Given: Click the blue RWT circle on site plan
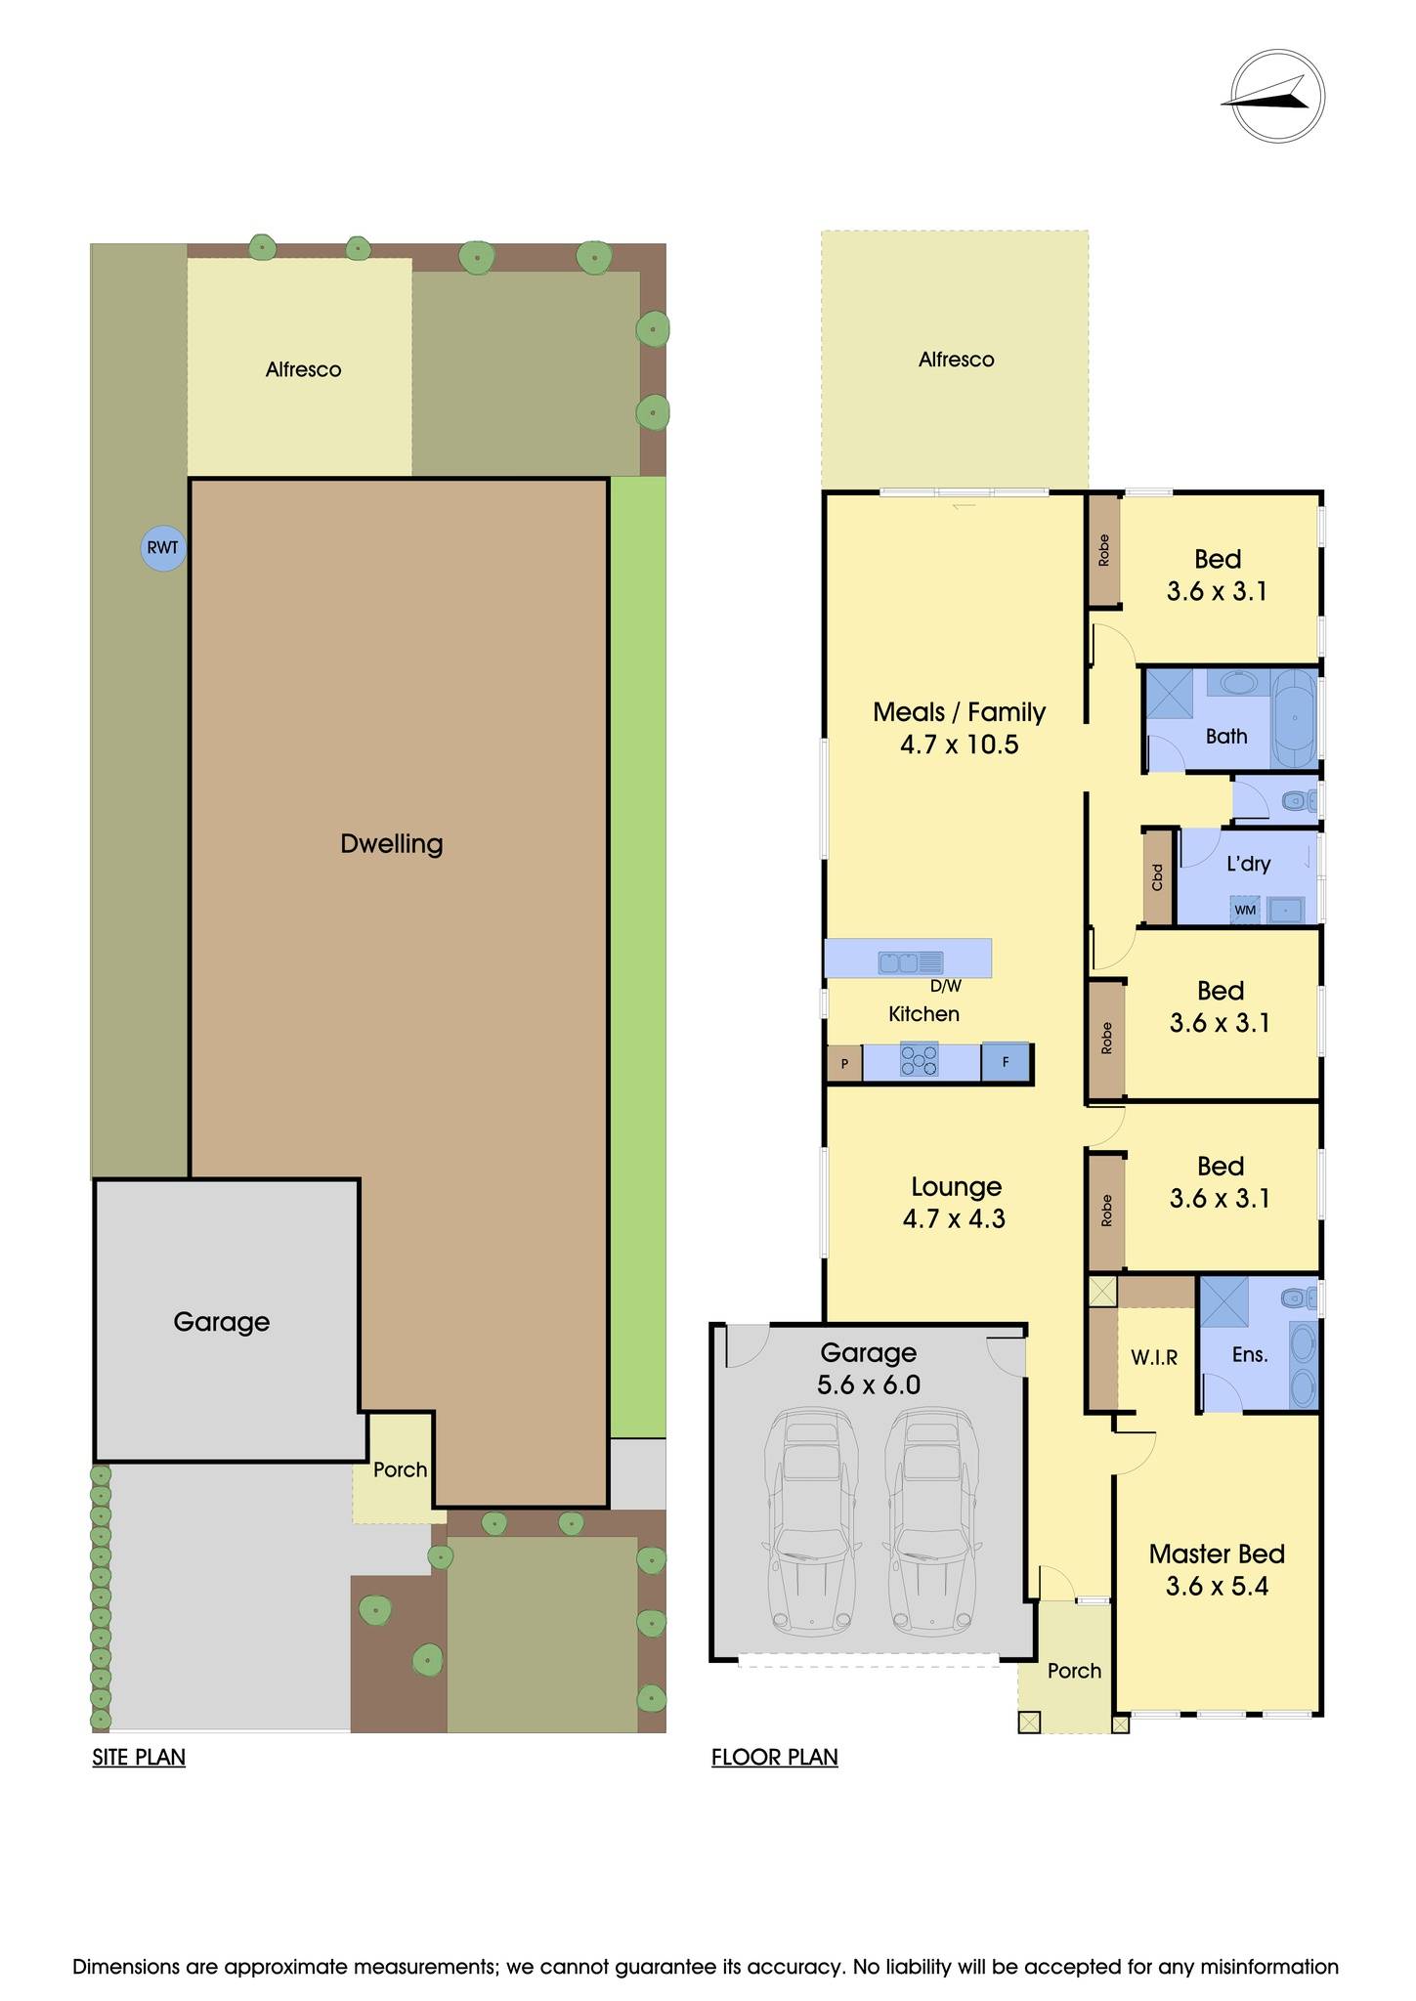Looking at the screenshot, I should [x=163, y=548].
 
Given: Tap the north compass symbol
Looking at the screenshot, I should [x=1276, y=97].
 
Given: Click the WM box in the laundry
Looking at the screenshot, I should [x=1245, y=910].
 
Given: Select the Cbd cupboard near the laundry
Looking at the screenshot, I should [x=1158, y=876].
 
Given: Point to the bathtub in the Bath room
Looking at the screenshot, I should [x=1295, y=718].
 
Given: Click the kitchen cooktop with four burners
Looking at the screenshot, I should [x=919, y=1061].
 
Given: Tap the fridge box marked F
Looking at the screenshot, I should [x=1006, y=1062].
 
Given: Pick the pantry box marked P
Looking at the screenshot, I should [x=844, y=1063].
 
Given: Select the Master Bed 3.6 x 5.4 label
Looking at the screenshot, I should [x=1217, y=1569].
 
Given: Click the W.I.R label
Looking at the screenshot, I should [x=1154, y=1357].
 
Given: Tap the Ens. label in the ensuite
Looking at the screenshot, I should [x=1250, y=1354].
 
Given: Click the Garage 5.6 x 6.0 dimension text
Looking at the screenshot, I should [x=868, y=1384].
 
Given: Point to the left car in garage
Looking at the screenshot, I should [x=809, y=1521].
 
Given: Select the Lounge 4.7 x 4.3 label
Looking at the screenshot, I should [x=956, y=1203].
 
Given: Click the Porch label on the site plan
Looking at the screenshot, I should [x=400, y=1469].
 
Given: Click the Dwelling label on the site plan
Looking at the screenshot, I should [x=391, y=844].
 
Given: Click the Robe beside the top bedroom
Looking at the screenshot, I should [x=1104, y=551].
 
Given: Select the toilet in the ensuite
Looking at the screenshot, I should [x=1297, y=1299].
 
